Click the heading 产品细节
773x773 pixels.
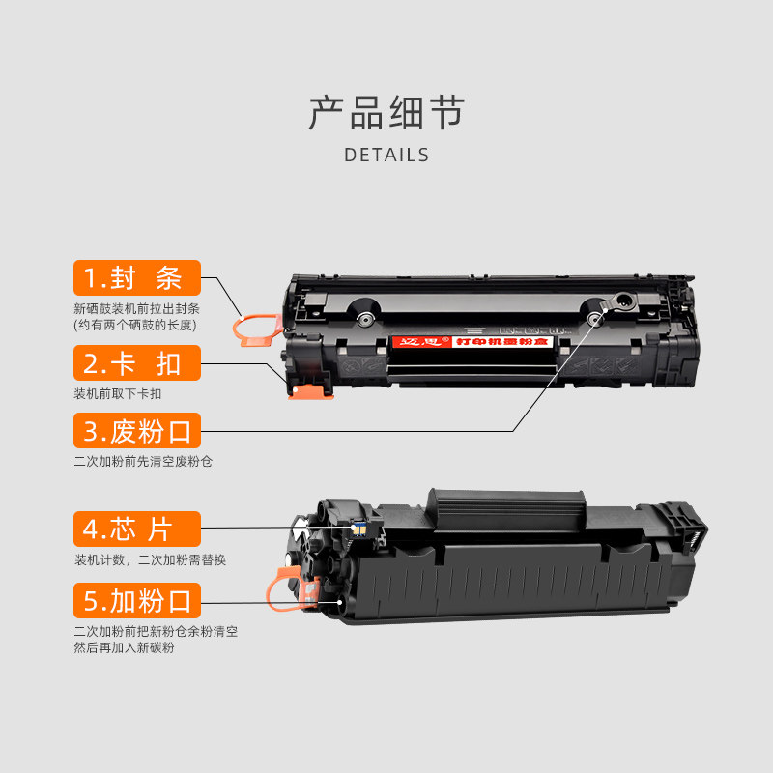(386, 113)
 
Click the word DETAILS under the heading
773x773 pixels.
(386, 155)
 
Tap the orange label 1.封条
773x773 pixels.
(137, 278)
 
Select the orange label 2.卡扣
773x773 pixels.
(137, 363)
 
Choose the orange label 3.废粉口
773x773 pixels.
(137, 430)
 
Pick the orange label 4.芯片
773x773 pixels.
(137, 529)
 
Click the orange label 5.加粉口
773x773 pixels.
(137, 600)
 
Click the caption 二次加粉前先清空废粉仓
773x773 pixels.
(143, 461)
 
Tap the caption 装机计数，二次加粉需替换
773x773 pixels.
(150, 559)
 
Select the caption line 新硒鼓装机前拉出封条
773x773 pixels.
(136, 308)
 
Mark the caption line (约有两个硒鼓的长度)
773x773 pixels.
(134, 325)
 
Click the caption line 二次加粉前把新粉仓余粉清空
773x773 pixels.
(156, 631)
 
